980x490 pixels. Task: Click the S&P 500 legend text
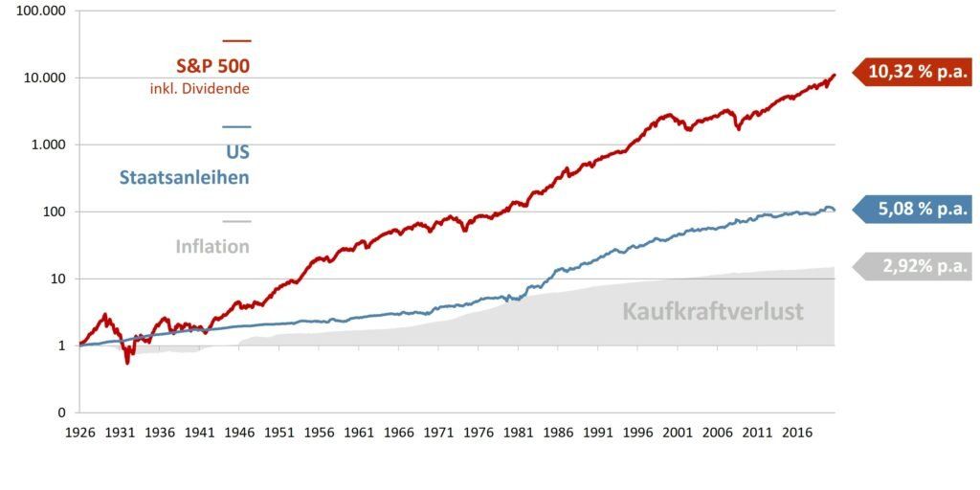tap(212, 66)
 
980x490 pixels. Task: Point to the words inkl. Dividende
tap(200, 89)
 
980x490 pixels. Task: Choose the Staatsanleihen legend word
tap(184, 177)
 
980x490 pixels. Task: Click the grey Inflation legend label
tap(212, 246)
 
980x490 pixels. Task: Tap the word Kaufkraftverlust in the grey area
tap(713, 311)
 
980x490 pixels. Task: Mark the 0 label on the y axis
tap(62, 412)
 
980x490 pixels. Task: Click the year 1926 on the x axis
tap(79, 432)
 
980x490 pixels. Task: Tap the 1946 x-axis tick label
tap(239, 432)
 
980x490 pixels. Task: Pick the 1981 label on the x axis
tap(518, 432)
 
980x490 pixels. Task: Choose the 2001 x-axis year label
tap(677, 432)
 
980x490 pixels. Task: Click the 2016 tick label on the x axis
tap(796, 432)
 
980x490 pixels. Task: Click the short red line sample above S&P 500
tap(236, 40)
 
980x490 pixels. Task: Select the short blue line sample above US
tap(236, 126)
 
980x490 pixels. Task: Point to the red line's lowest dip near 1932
tap(127, 362)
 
